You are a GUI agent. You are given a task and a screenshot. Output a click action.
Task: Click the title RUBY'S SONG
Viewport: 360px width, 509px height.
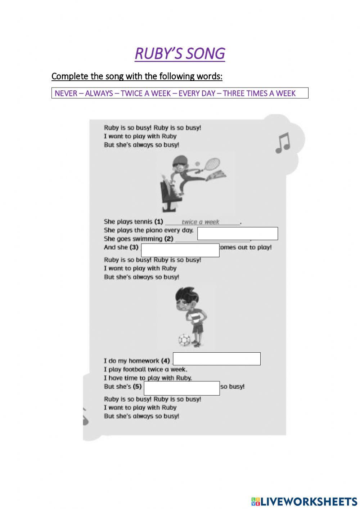point(180,53)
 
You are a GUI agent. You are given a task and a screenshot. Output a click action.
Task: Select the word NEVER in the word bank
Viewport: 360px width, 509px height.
point(66,93)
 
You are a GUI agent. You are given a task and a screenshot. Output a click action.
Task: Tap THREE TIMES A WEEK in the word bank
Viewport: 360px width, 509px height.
point(259,93)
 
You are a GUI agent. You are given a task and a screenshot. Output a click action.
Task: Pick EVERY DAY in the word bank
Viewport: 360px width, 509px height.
point(197,93)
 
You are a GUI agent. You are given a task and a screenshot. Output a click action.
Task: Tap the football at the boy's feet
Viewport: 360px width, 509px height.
point(184,340)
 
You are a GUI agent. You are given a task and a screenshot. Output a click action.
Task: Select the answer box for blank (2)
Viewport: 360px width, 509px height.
point(238,233)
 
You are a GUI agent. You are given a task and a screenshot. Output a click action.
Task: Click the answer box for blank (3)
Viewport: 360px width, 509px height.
point(180,250)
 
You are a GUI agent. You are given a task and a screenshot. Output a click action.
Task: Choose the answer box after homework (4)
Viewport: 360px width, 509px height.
point(217,359)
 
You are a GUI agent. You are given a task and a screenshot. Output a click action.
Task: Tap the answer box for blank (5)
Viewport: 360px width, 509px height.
point(181,388)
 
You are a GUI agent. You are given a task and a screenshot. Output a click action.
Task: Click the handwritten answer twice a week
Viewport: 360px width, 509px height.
point(200,222)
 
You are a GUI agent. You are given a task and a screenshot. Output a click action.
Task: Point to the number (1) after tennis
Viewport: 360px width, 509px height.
point(159,222)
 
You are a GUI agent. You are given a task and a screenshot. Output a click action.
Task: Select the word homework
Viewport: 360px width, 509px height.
point(144,361)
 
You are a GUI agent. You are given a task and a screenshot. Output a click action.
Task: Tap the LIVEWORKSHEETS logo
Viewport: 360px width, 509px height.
point(304,501)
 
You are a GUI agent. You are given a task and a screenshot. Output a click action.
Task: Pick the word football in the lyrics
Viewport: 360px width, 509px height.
point(139,369)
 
